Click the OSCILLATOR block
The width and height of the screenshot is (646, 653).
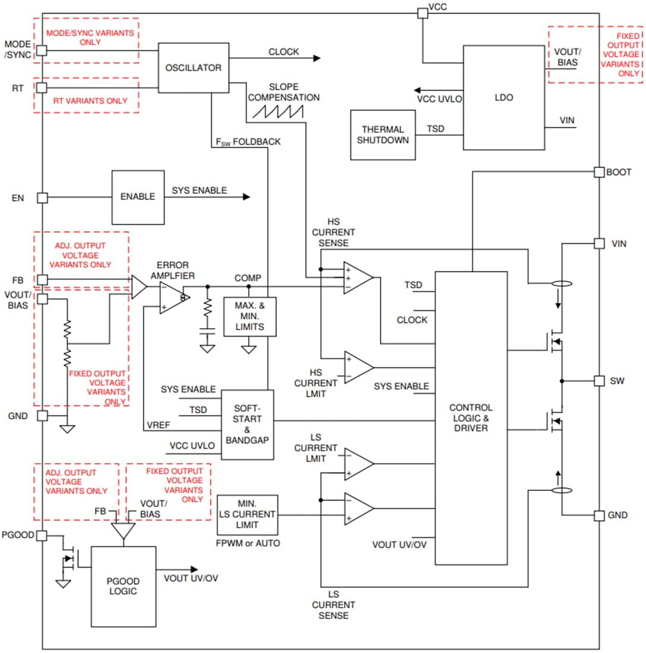(194, 67)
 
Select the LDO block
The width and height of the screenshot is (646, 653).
(503, 97)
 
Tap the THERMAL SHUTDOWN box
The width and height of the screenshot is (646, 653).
(383, 135)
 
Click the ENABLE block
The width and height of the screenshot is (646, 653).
(138, 197)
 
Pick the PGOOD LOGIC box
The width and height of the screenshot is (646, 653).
(123, 587)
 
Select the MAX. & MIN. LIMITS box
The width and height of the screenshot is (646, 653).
(249, 316)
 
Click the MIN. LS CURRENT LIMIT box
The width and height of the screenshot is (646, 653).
(248, 515)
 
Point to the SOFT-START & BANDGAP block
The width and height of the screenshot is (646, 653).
(247, 424)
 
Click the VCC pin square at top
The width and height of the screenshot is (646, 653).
(422, 12)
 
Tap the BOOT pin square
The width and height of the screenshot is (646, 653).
(599, 172)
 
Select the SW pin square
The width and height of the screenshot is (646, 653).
(599, 380)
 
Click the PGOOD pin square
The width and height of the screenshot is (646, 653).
(42, 535)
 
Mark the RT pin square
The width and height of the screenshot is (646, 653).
(42, 88)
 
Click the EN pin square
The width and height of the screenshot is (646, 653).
(42, 198)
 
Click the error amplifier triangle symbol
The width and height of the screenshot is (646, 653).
(173, 297)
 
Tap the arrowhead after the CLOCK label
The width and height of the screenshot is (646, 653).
(316, 58)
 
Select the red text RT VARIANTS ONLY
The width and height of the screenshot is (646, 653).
(90, 100)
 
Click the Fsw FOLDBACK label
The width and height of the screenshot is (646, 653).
(249, 142)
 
